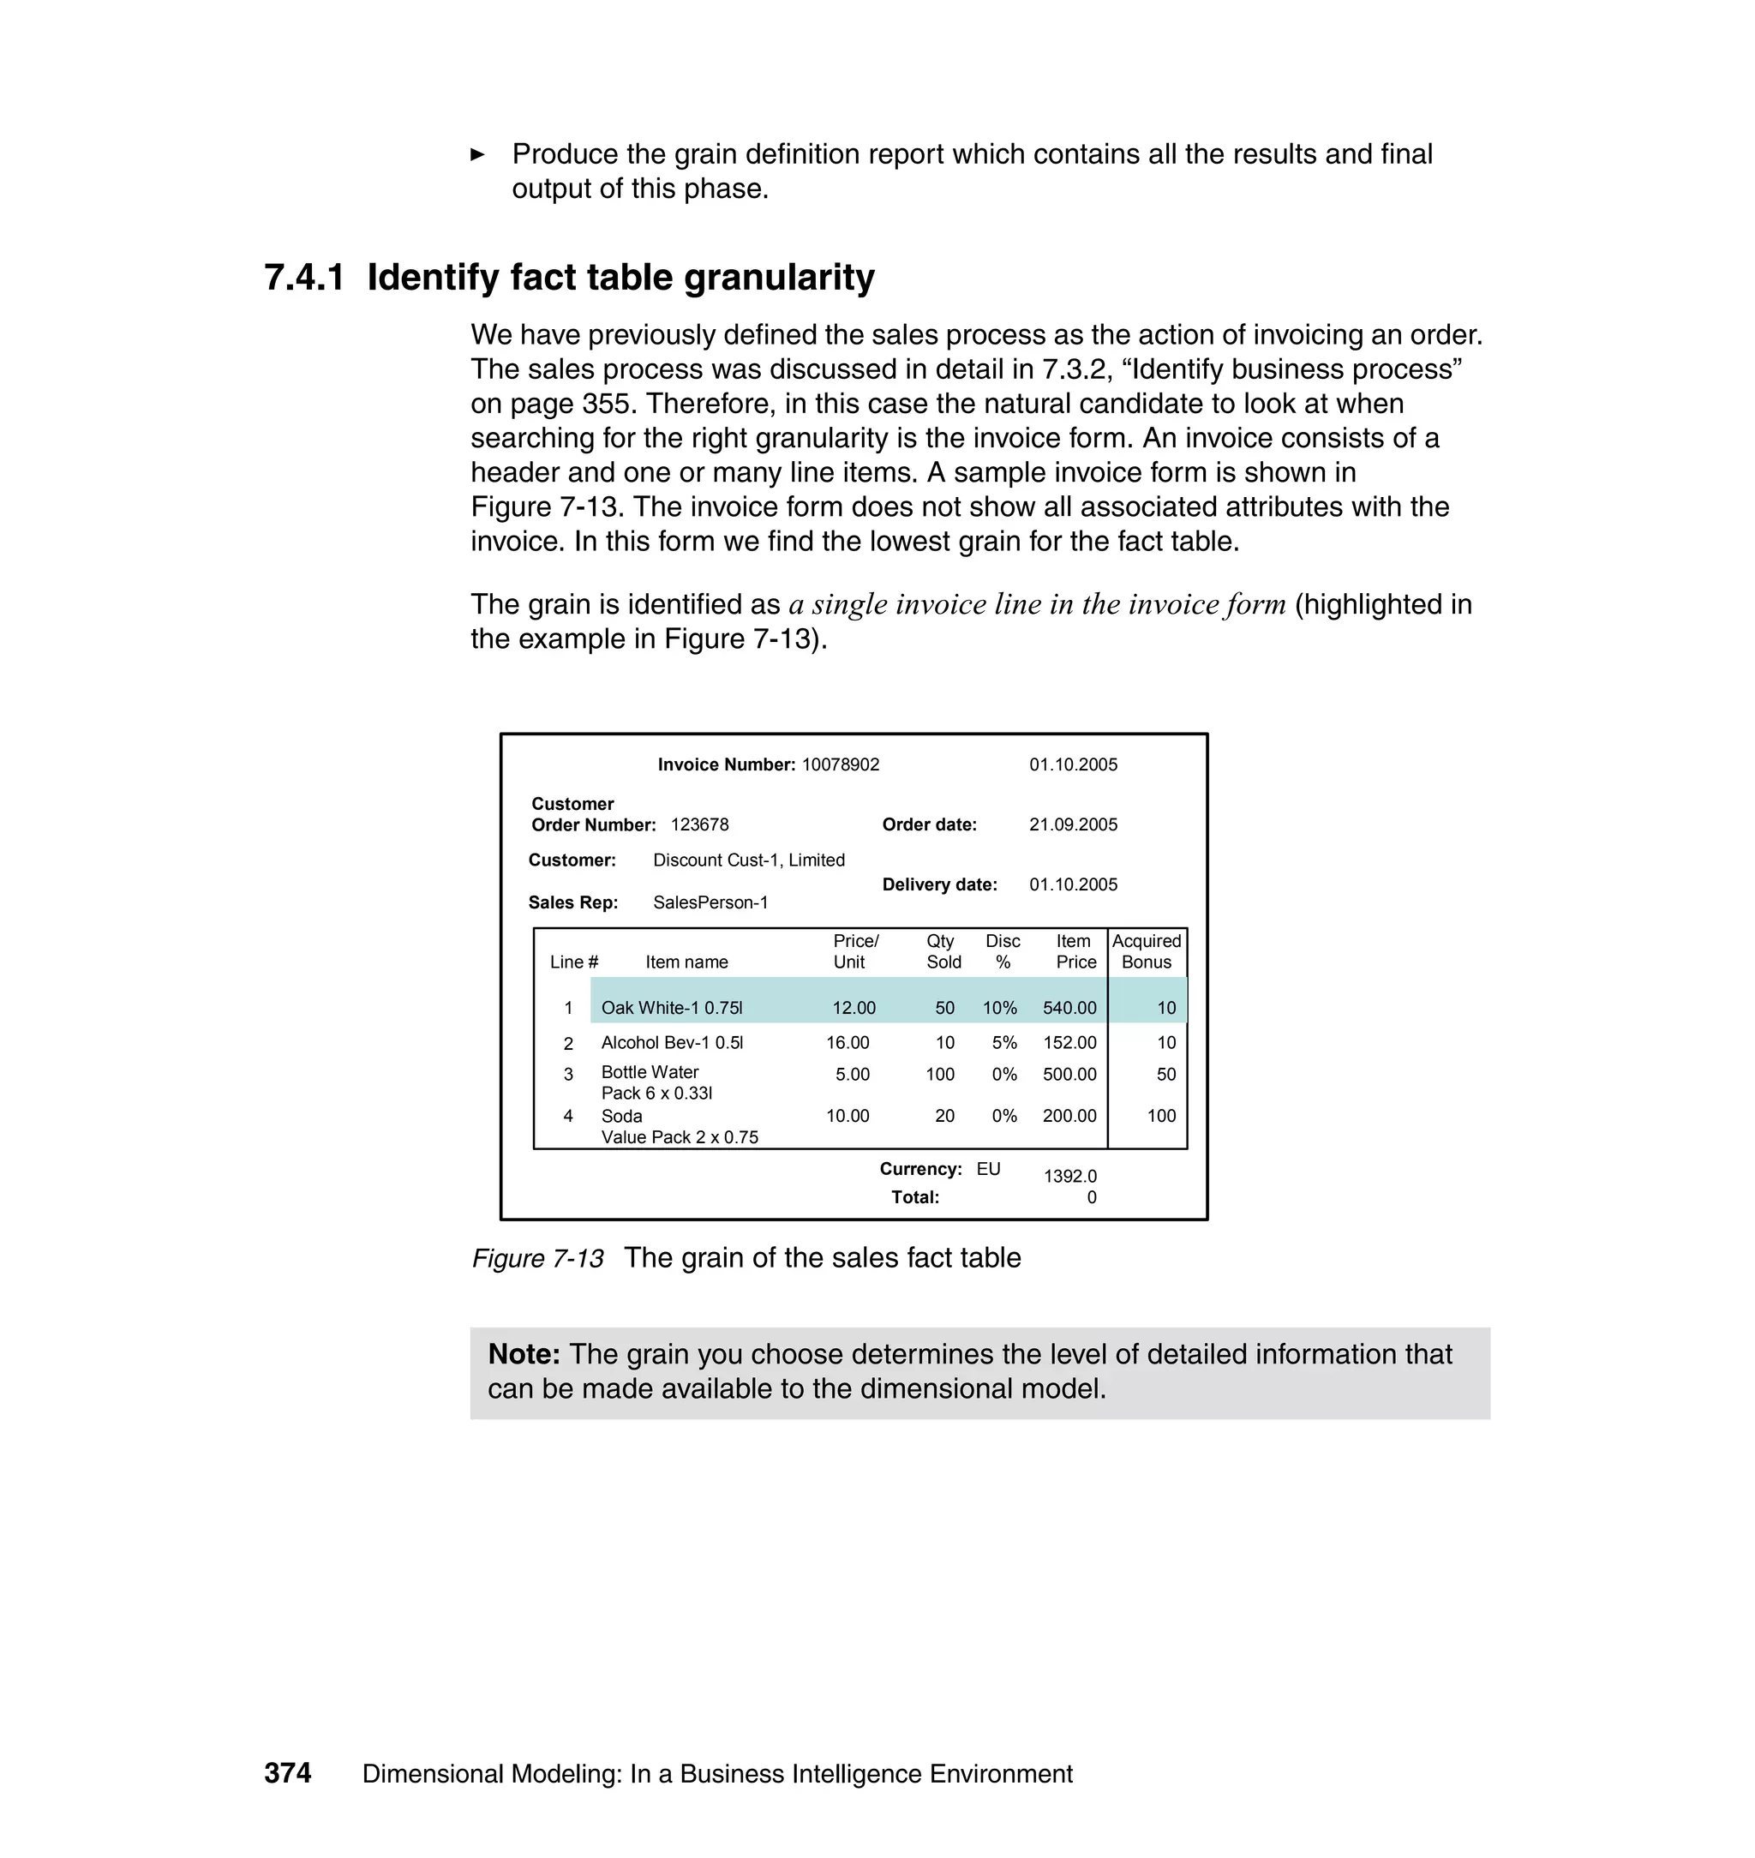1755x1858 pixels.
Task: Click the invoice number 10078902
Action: tap(840, 764)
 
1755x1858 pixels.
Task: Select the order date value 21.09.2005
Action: tap(1073, 824)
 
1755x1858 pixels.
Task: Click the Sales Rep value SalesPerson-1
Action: tap(710, 902)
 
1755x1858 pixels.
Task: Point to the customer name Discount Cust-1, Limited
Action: tap(748, 860)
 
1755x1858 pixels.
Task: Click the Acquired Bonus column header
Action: tap(1146, 951)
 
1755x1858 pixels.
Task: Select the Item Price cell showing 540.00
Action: tap(1069, 1008)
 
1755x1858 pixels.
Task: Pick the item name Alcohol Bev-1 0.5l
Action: tap(672, 1042)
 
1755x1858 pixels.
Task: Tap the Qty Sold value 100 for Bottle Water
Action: tap(939, 1074)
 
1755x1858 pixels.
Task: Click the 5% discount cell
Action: tap(1003, 1042)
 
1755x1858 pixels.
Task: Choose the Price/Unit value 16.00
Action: tap(847, 1042)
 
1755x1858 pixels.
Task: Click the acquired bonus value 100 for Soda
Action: tap(1161, 1115)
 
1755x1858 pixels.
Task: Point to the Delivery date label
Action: tap(939, 884)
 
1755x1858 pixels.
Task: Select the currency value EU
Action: tap(988, 1168)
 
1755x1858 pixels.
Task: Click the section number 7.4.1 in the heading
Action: tap(304, 278)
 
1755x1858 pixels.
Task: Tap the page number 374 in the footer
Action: tap(287, 1773)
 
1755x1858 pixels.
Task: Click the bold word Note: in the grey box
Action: tap(524, 1354)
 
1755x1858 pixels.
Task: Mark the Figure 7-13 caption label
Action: tap(538, 1258)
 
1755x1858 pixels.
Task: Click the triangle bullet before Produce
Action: tap(477, 154)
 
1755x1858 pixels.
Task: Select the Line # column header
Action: tap(573, 962)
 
